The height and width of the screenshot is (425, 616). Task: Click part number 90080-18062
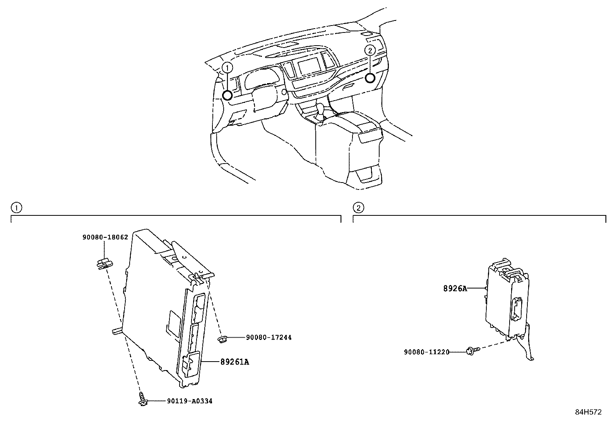pyautogui.click(x=105, y=237)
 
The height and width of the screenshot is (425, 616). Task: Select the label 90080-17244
pyautogui.click(x=269, y=337)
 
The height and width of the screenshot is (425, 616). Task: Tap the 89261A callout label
pyautogui.click(x=234, y=362)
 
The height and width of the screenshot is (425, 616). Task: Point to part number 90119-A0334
pyautogui.click(x=190, y=401)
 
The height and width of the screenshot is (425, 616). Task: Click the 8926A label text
pyautogui.click(x=455, y=288)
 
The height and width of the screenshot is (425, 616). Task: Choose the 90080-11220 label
pyautogui.click(x=426, y=352)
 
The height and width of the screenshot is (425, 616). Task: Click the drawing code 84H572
pyautogui.click(x=588, y=412)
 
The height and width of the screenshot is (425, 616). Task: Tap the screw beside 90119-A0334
pyautogui.click(x=142, y=399)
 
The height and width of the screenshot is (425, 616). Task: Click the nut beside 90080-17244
pyautogui.click(x=222, y=339)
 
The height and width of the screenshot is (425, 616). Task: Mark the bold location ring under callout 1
pyautogui.click(x=228, y=95)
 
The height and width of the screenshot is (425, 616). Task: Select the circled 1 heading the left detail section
pyautogui.click(x=16, y=208)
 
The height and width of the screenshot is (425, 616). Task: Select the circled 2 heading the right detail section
pyautogui.click(x=359, y=208)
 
